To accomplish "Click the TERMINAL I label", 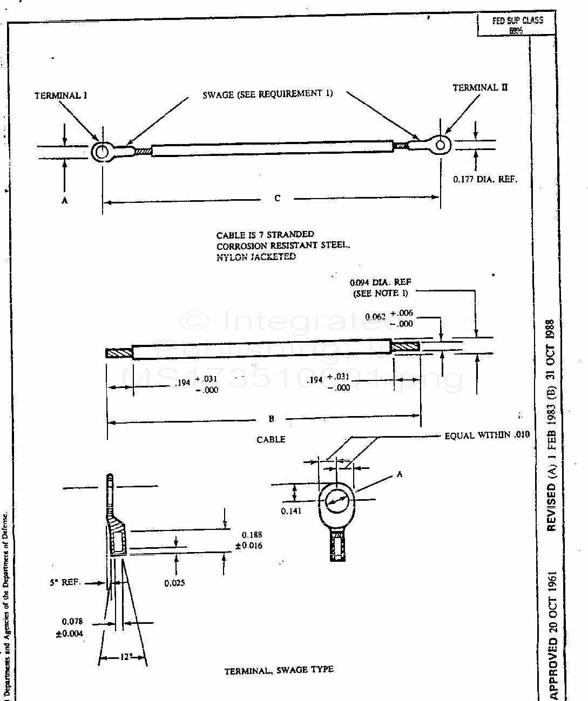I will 61,96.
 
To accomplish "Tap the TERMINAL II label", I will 480,87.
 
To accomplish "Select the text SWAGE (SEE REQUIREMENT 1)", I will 267,94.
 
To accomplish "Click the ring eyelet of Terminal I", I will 101,152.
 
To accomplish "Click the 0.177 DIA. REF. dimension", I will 485,179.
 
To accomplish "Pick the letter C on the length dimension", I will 277,198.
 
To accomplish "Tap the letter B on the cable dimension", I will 272,418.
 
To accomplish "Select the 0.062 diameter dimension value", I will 375,317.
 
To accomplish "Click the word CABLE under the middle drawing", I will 271,439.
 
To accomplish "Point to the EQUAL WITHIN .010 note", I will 487,435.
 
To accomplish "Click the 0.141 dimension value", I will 291,511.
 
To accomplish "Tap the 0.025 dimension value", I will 174,583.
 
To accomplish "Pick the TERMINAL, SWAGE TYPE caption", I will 279,670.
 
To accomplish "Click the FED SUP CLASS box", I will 517,25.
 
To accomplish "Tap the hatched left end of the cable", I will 120,353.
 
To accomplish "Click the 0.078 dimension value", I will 72,622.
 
